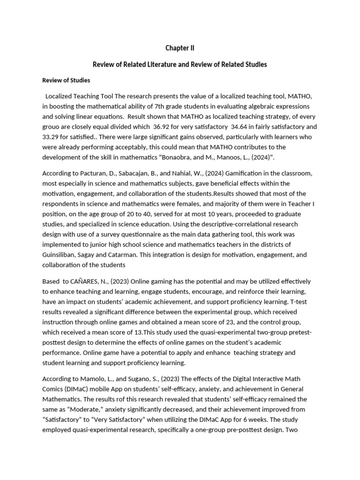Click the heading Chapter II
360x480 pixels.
coord(180,48)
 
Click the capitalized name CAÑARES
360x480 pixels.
coord(87,281)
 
